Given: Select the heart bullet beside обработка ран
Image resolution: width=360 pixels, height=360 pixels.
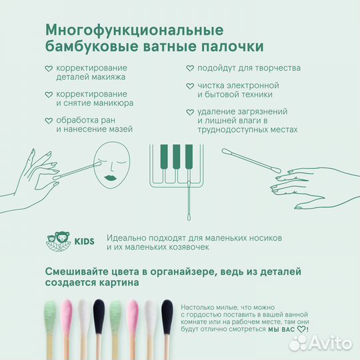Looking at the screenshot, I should point(49,121).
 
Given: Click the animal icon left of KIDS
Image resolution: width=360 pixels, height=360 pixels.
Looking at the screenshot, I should point(58,241).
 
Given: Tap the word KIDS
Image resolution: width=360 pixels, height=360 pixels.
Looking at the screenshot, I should point(85,241).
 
